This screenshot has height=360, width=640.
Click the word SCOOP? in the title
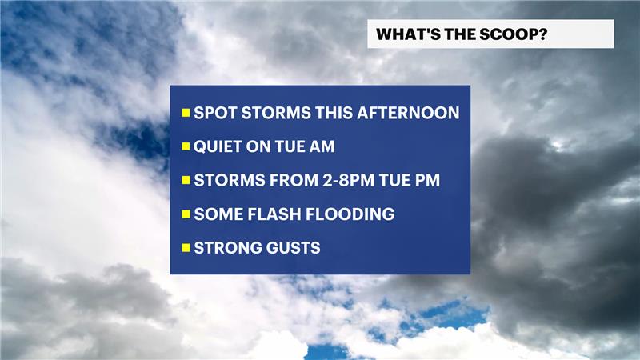point(513,34)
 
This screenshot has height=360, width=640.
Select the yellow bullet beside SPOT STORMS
point(186,113)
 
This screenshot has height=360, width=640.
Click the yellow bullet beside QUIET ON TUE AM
point(186,146)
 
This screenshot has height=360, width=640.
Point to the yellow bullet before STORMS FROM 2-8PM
point(186,181)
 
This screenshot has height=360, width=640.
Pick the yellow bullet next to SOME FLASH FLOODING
point(186,214)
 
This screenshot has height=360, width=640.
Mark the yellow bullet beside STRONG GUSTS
point(186,248)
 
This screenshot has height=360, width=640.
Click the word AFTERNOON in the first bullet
point(408,113)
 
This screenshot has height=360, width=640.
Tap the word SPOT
point(215,113)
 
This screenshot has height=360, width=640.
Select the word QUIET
point(218,146)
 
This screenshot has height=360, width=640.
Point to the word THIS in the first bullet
point(334,113)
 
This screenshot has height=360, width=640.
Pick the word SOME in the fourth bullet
point(218,214)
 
